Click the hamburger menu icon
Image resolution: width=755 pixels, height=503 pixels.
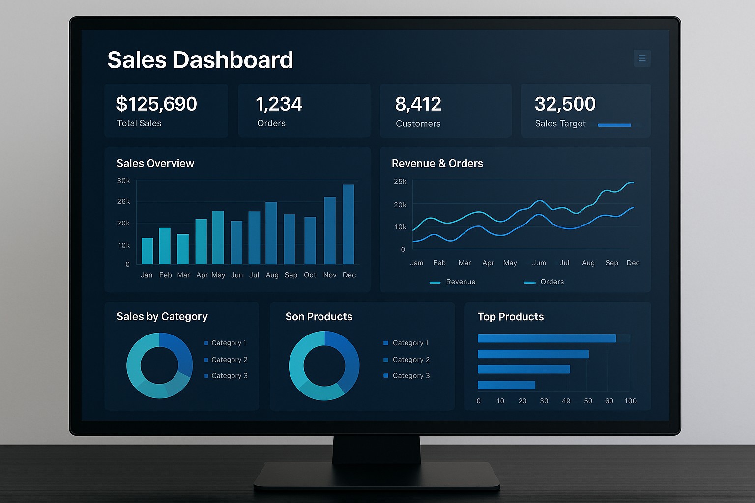[642, 58]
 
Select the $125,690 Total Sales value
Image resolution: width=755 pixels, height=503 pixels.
[156, 104]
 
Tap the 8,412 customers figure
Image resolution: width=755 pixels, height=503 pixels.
[418, 104]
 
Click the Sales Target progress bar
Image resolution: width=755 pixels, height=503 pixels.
[614, 125]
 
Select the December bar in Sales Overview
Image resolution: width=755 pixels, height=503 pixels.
[348, 224]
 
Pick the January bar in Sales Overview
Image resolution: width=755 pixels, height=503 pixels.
[147, 251]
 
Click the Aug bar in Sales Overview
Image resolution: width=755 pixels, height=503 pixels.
[271, 233]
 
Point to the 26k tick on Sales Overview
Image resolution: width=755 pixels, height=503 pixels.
[123, 201]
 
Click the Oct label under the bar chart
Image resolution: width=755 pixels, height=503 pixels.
[310, 275]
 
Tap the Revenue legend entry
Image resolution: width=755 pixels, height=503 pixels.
[453, 282]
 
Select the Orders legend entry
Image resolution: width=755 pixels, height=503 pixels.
[545, 282]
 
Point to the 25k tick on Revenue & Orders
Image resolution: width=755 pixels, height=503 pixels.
[400, 181]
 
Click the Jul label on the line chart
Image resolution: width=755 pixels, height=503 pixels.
[564, 263]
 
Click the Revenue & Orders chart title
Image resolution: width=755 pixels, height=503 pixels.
[437, 163]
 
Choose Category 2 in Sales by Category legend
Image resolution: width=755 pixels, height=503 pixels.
[229, 360]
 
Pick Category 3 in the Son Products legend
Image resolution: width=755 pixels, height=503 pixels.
[410, 375]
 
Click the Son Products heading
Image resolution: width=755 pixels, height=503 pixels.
[319, 316]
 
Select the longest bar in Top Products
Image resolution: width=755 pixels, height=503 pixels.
[547, 338]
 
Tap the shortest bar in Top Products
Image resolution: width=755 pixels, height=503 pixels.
[506, 385]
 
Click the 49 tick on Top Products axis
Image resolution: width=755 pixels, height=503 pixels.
[566, 401]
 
